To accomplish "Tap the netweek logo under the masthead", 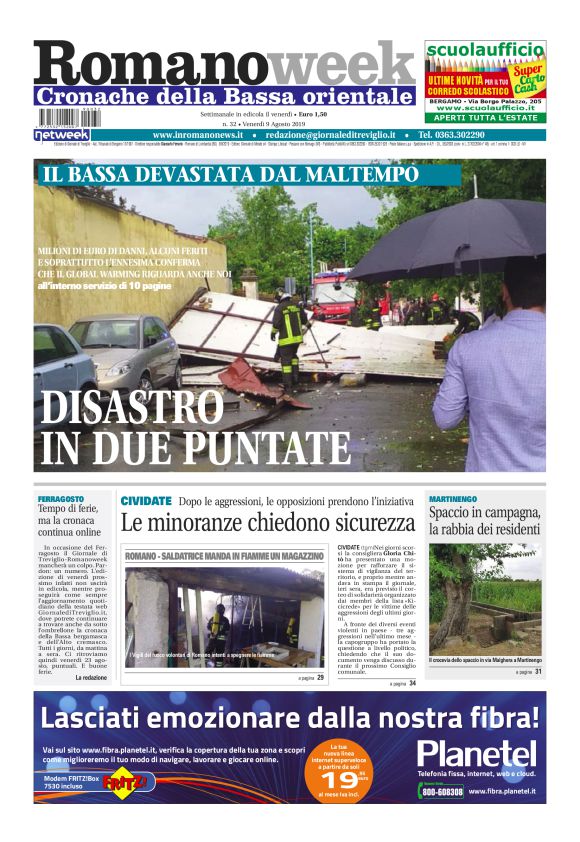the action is tap(62, 134).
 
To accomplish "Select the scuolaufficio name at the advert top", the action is tap(485, 50).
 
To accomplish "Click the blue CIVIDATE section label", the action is tap(146, 500).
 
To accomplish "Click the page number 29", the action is tap(320, 677).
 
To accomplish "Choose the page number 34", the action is tap(412, 683).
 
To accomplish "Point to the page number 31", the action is tap(538, 672).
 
